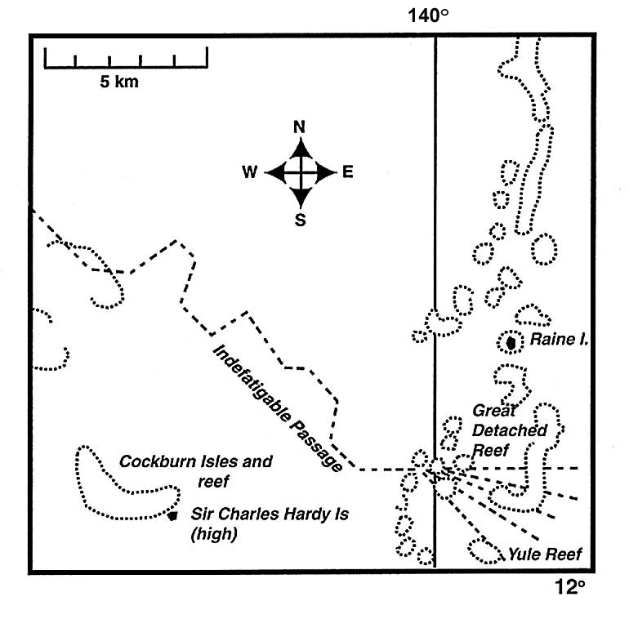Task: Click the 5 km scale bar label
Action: [119, 81]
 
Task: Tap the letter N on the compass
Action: [300, 127]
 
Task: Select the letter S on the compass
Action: [300, 219]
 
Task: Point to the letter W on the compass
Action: [250, 172]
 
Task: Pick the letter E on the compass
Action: [347, 172]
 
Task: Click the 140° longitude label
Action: [434, 16]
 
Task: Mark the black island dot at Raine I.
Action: [511, 343]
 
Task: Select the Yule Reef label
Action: [545, 555]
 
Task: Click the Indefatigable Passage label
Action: [277, 407]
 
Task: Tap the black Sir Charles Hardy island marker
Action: [172, 515]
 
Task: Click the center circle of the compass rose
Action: [301, 172]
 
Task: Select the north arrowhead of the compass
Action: [301, 147]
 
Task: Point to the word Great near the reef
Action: [494, 412]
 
